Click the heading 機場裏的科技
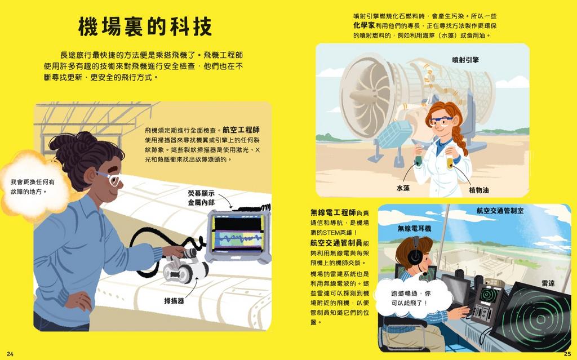145,26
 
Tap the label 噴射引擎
465,60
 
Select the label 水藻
403,188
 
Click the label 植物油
479,190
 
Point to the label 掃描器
174,301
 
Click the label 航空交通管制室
500,211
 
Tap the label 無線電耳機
414,229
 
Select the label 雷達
548,283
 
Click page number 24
10,354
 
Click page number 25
567,354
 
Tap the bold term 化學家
364,25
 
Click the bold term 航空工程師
241,130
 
